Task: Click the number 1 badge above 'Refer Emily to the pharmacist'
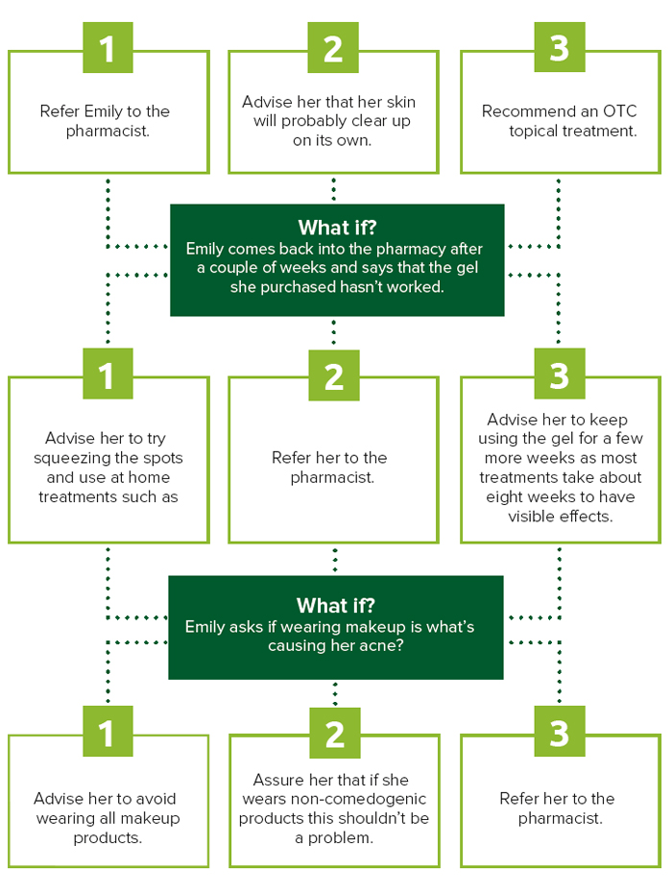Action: (x=108, y=48)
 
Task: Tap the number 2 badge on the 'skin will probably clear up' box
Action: (x=333, y=48)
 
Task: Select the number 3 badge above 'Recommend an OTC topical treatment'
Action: (x=560, y=47)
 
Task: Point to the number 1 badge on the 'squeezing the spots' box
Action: (x=108, y=374)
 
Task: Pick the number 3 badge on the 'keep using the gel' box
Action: (x=560, y=374)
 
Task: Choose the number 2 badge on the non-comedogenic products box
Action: (x=335, y=733)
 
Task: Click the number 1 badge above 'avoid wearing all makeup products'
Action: (x=108, y=732)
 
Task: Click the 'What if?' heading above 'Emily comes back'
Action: (x=337, y=228)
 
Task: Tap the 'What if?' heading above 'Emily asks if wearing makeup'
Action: (x=336, y=605)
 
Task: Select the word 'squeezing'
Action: (x=72, y=458)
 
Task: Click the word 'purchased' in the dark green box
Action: (x=298, y=287)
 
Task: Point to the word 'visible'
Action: (x=531, y=517)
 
